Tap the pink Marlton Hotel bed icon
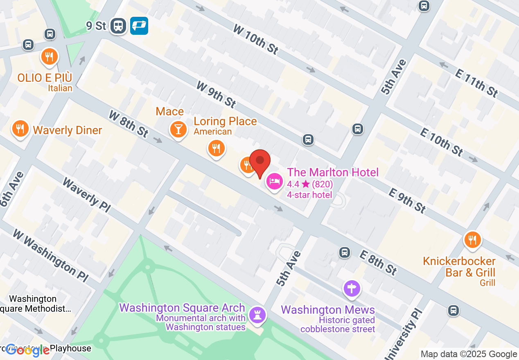(274, 181)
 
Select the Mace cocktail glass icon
(178, 129)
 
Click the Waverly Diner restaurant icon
(20, 128)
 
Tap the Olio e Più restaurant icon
(50, 57)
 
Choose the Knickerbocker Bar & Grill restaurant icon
(472, 240)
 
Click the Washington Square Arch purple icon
(257, 315)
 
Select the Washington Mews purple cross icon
(352, 289)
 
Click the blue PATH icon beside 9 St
(139, 26)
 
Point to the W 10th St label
(256, 39)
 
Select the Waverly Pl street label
(86, 195)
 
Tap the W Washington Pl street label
(50, 255)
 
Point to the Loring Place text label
(225, 121)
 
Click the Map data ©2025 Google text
(469, 354)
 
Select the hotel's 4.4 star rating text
(310, 184)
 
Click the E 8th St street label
(378, 262)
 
